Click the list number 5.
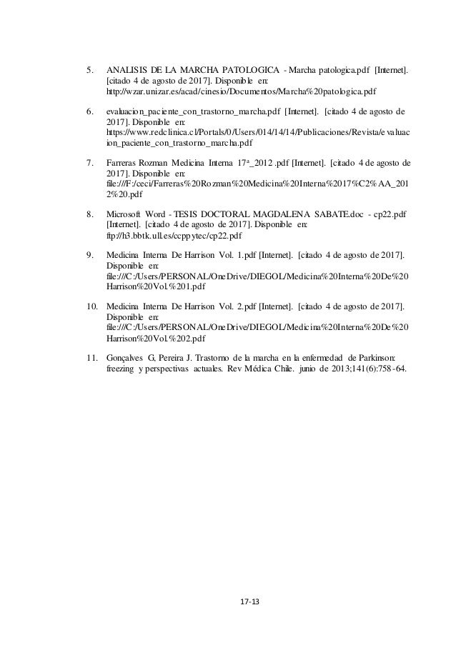(89, 71)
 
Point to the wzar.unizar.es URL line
(241, 93)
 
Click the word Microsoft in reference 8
(124, 214)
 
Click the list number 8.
(89, 214)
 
